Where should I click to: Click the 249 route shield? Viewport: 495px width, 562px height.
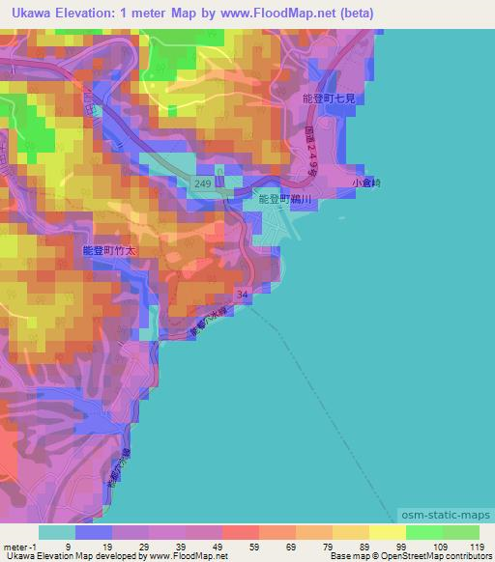tap(202, 183)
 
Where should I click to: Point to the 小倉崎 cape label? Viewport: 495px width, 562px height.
tap(366, 182)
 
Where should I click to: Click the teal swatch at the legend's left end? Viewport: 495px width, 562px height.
tap(56, 532)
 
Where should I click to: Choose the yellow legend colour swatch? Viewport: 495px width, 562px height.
tap(387, 532)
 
